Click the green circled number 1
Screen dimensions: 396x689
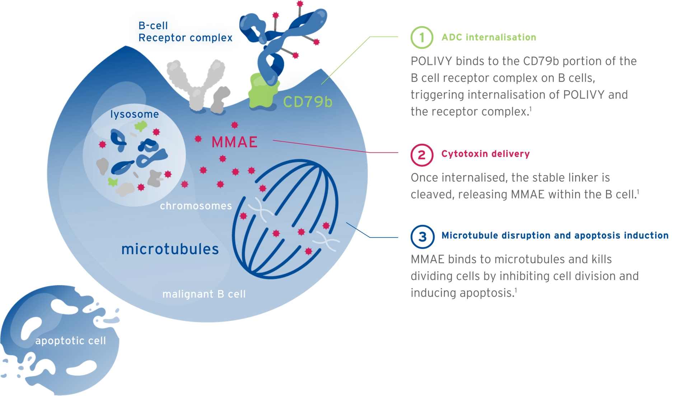pyautogui.click(x=422, y=37)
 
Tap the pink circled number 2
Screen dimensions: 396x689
pyautogui.click(x=422, y=155)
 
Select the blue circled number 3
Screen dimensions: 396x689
pyautogui.click(x=422, y=237)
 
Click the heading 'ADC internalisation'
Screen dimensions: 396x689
pyautogui.click(x=489, y=37)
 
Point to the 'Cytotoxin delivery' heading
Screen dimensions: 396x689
pyautogui.click(x=485, y=154)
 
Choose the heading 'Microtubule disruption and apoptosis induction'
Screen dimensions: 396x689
pyautogui.click(x=555, y=235)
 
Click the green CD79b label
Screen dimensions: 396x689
pyautogui.click(x=308, y=102)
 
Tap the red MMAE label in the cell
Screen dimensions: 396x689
pyautogui.click(x=234, y=142)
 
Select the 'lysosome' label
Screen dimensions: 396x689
pyautogui.click(x=134, y=114)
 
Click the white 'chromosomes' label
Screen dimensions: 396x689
pyautogui.click(x=196, y=206)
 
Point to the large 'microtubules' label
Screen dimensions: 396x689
pyautogui.click(x=170, y=249)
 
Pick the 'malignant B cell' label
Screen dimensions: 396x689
pyautogui.click(x=204, y=294)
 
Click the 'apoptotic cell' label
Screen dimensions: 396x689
pyautogui.click(x=71, y=340)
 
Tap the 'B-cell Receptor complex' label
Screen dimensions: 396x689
pyautogui.click(x=185, y=32)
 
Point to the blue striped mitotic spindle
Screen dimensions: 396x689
pyautogui.click(x=285, y=219)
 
